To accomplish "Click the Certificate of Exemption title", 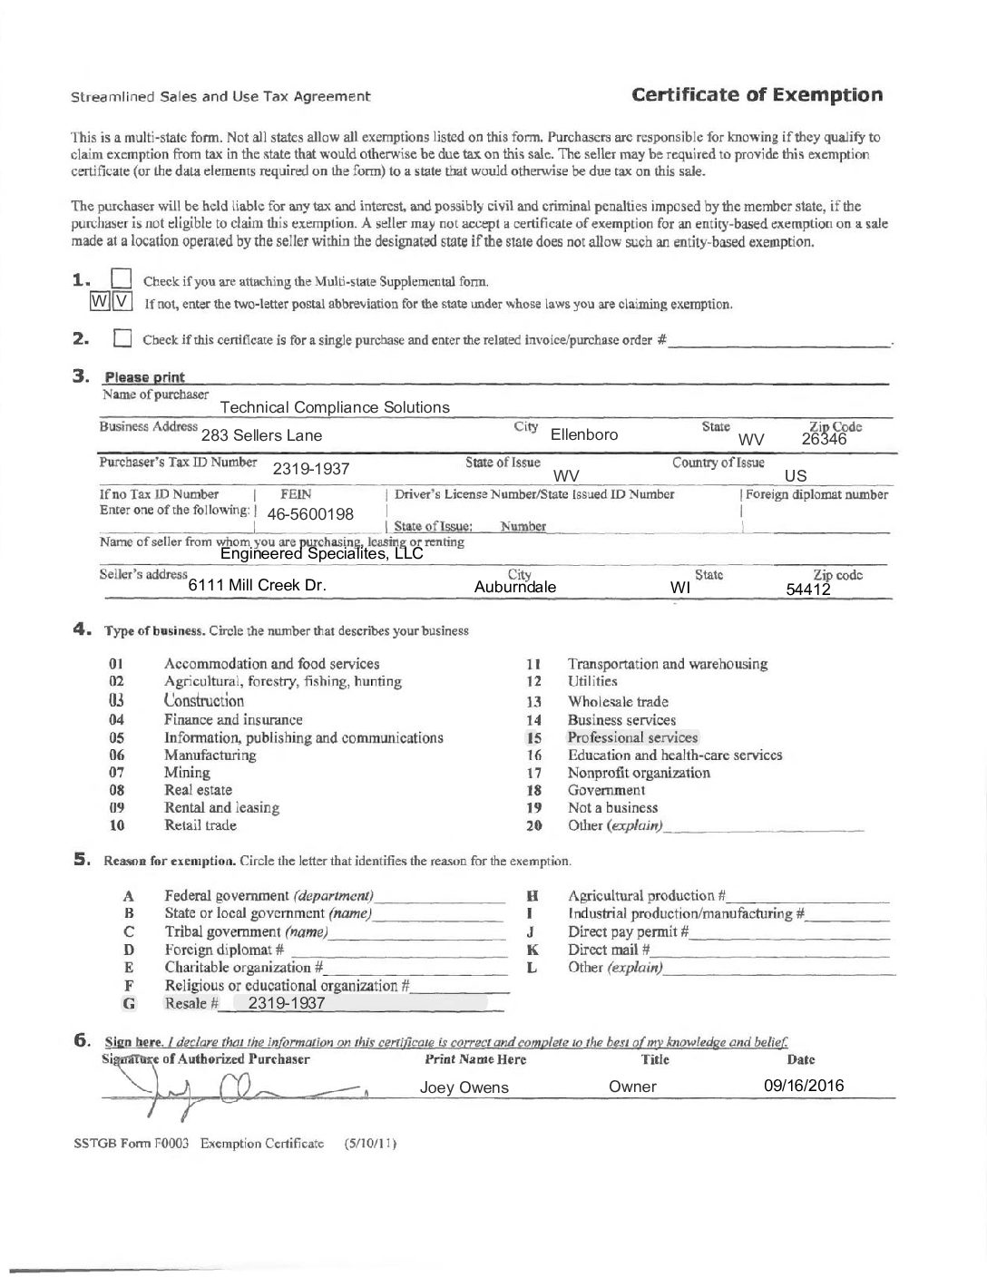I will pyautogui.click(x=757, y=95).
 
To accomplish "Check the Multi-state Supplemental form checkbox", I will pyautogui.click(x=121, y=279).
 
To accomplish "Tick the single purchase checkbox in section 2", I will pyautogui.click(x=122, y=339).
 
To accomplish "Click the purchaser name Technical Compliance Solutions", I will pyautogui.click(x=335, y=407).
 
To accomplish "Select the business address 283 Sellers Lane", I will pyautogui.click(x=261, y=435).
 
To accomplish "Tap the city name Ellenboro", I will pyautogui.click(x=584, y=434).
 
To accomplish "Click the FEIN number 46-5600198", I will pyautogui.click(x=310, y=514).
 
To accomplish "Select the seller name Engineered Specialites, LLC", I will pyautogui.click(x=321, y=553).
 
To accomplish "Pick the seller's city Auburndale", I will pyautogui.click(x=515, y=587).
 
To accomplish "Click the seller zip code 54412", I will pyautogui.click(x=808, y=590).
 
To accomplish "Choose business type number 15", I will pyautogui.click(x=533, y=737).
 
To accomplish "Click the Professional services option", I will pyautogui.click(x=632, y=737).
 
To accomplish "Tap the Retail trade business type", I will pyautogui.click(x=200, y=825).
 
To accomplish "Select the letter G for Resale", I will pyautogui.click(x=129, y=1003).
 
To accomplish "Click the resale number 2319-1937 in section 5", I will pyautogui.click(x=286, y=1003).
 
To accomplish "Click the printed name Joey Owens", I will pyautogui.click(x=464, y=1087).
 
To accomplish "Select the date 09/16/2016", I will pyautogui.click(x=804, y=1086).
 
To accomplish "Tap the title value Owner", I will pyautogui.click(x=632, y=1087).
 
